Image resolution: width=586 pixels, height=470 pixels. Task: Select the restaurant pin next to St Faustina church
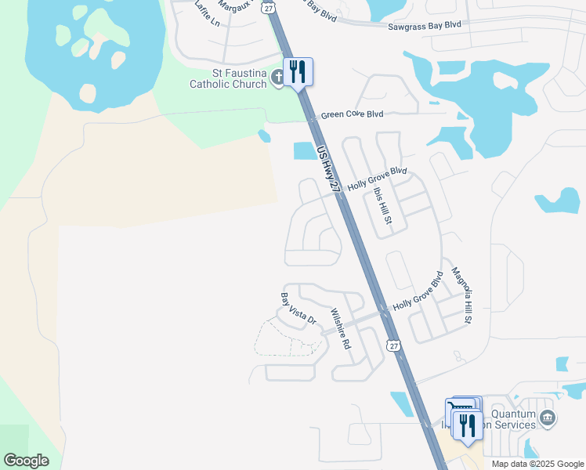[298, 73]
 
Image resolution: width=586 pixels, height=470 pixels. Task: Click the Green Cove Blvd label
[353, 114]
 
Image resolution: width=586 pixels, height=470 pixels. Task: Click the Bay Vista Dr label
[298, 309]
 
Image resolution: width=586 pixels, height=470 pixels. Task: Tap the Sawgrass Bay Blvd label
[425, 26]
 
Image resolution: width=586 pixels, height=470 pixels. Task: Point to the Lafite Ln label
[208, 15]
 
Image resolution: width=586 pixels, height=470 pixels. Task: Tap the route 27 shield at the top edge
[269, 6]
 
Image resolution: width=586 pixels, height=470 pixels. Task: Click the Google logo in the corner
[27, 461]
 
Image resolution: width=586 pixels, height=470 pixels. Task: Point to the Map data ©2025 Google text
[537, 464]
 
